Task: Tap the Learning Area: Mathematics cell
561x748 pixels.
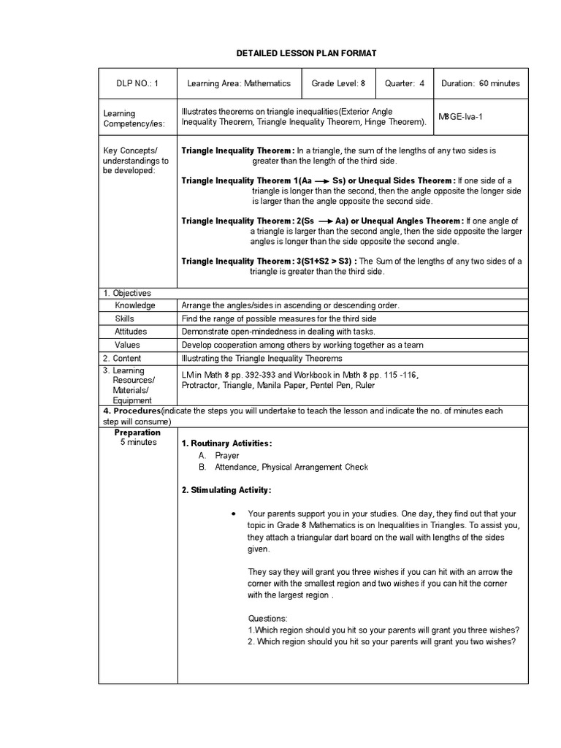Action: coord(239,83)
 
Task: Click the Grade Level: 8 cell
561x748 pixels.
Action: coord(338,83)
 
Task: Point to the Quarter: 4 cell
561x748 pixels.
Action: coord(405,83)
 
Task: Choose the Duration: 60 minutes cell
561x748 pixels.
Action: coord(481,83)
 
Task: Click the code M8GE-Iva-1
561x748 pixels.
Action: coord(464,116)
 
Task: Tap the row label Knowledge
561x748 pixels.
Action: coord(135,305)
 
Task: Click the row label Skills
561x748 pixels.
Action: coord(125,318)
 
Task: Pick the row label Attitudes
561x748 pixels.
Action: coord(131,332)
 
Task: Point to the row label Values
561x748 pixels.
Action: coord(128,345)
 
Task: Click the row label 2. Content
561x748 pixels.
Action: coord(122,359)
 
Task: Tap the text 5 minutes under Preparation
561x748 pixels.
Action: coord(138,443)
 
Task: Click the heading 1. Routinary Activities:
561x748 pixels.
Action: coord(226,443)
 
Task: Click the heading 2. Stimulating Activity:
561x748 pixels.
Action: coord(226,490)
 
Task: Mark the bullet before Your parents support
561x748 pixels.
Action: coord(232,514)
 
